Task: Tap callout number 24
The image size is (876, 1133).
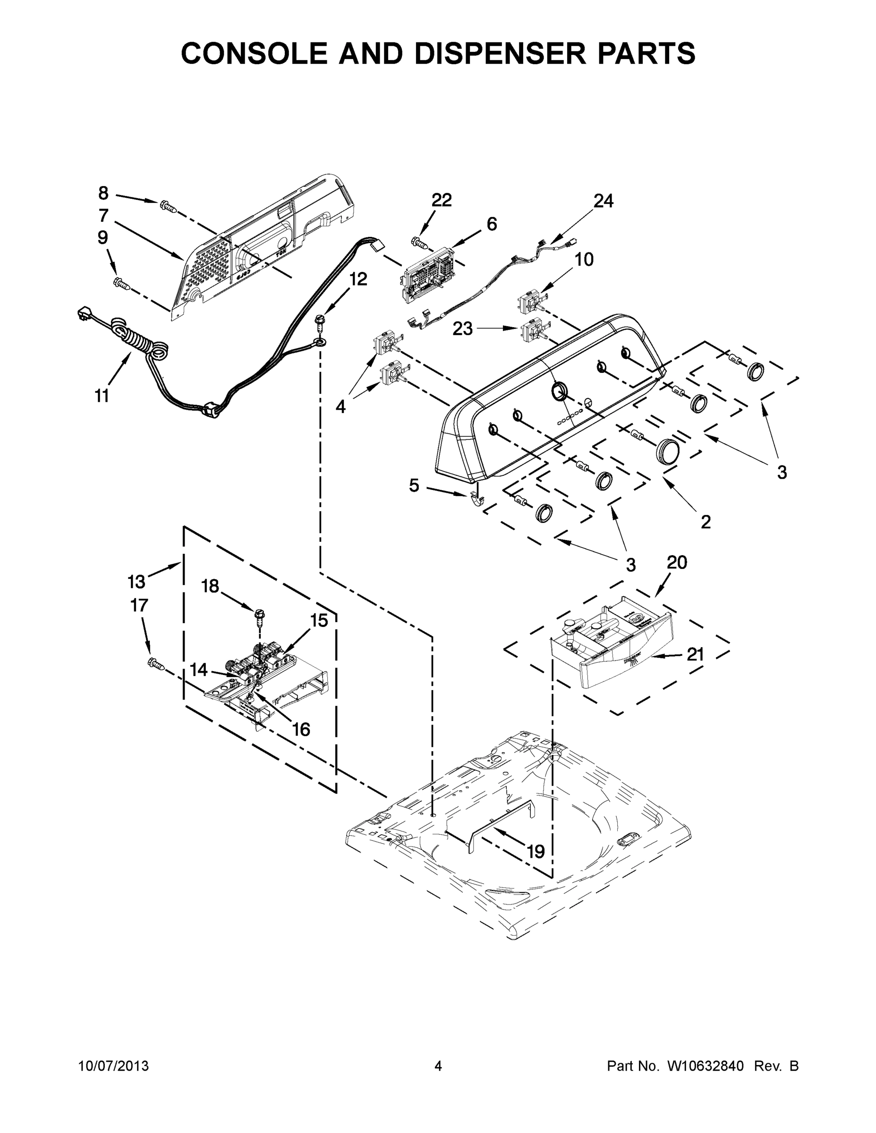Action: (x=603, y=201)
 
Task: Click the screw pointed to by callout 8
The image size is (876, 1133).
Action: (x=167, y=206)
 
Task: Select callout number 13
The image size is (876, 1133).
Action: (x=136, y=582)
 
